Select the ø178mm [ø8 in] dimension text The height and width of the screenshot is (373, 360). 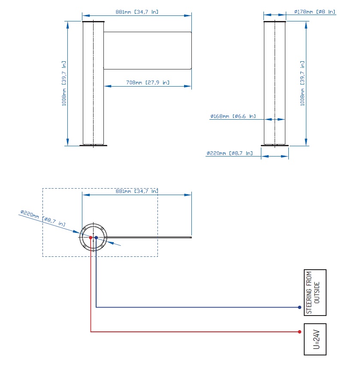pyautogui.click(x=315, y=12)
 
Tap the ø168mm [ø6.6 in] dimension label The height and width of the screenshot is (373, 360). pyautogui.click(x=233, y=116)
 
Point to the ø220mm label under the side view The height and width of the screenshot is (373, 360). pyautogui.click(x=229, y=153)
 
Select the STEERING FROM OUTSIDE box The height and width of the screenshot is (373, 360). pyautogui.click(x=315, y=292)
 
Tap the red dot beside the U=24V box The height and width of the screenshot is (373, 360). pyautogui.click(x=299, y=332)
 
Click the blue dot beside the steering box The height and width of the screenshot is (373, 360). pyautogui.click(x=299, y=307)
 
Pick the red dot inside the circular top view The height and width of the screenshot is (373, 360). pyautogui.click(x=91, y=237)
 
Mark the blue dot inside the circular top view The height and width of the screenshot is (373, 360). pyautogui.click(x=97, y=237)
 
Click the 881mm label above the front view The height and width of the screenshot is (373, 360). pyautogui.click(x=137, y=12)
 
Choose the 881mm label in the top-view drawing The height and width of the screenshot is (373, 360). pyautogui.click(x=137, y=191)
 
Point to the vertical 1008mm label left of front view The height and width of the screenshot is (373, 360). pyautogui.click(x=64, y=84)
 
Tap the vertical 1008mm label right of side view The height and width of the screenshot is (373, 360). pyautogui.click(x=303, y=84)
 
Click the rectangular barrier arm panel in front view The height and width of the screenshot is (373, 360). pyautogui.click(x=147, y=50)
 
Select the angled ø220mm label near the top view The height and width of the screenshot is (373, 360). pyautogui.click(x=43, y=218)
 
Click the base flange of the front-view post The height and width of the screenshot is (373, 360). pyautogui.click(x=93, y=145)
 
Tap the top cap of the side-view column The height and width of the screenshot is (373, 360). pyautogui.click(x=275, y=21)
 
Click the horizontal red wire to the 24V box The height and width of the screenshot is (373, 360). pyautogui.click(x=193, y=332)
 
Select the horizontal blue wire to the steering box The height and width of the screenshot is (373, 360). pyautogui.click(x=197, y=307)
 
